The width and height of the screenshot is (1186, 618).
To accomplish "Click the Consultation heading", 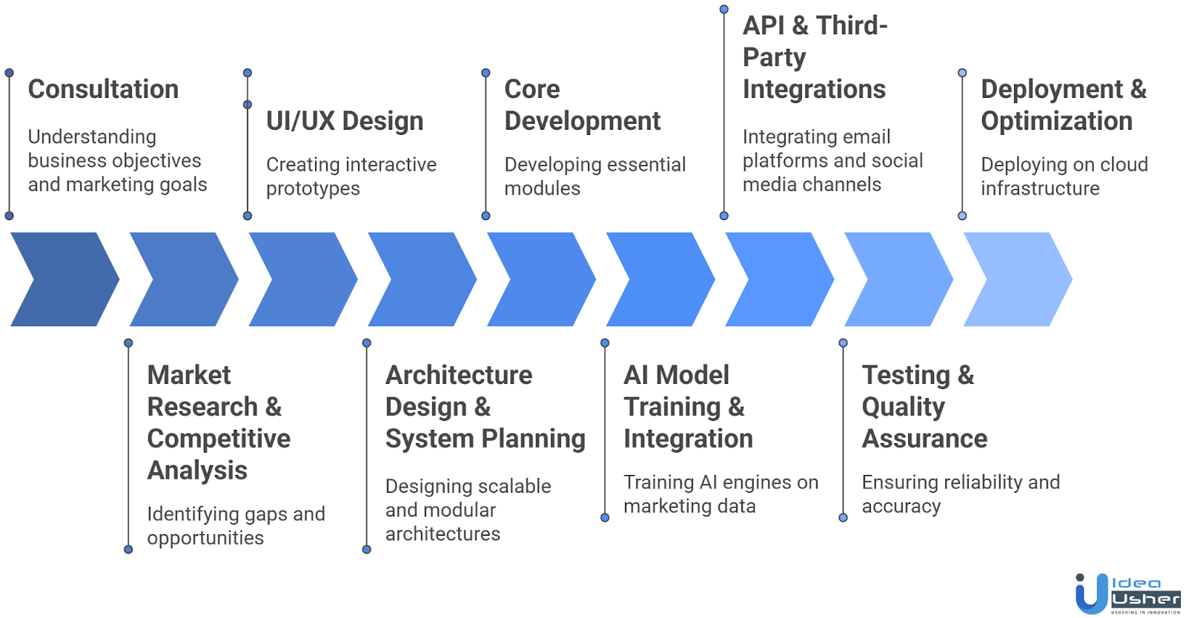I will click(103, 89).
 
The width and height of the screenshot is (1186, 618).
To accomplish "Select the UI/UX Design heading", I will click(345, 121).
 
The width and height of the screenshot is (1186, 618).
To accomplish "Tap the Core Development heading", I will click(582, 104).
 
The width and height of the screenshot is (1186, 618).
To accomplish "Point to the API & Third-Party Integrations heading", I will click(814, 57).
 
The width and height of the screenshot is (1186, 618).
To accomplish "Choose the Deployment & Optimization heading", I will click(1063, 104).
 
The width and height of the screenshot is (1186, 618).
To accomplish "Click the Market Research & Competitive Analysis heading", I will click(219, 422).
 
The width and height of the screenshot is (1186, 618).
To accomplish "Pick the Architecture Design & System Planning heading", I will click(485, 407).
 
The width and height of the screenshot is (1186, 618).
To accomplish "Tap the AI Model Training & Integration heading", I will click(687, 407).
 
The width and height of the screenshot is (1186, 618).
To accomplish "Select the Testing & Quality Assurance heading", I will click(924, 407).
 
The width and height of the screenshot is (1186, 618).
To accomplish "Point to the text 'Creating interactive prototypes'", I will click(351, 176).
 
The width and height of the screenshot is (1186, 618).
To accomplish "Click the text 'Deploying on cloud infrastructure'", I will click(1064, 176).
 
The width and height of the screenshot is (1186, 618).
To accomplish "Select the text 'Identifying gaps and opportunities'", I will click(236, 525).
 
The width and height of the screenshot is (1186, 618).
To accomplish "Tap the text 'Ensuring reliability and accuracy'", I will click(960, 494).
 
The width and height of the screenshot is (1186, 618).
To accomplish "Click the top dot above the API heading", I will click(724, 10).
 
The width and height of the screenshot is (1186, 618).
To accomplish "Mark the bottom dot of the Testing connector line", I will click(843, 517).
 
